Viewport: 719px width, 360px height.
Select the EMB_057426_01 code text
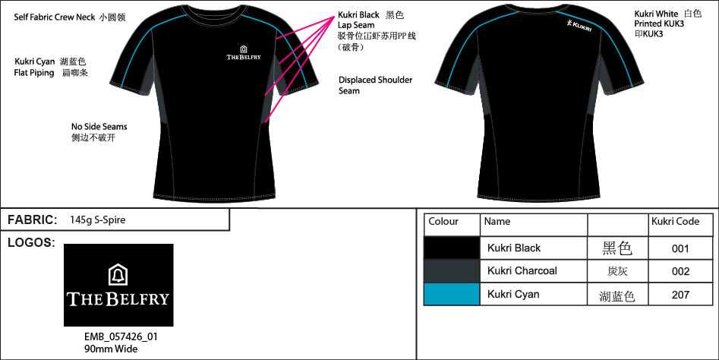[x=121, y=336]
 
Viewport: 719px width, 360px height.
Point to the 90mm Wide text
[x=111, y=349]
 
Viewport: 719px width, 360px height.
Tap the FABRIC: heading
[x=33, y=220]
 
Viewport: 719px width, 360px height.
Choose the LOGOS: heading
[x=30, y=243]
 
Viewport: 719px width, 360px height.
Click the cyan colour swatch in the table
[x=452, y=294]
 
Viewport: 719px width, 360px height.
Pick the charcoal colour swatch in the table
[x=452, y=271]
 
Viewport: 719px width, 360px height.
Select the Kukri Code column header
[x=674, y=222]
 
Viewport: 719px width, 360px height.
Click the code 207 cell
[x=680, y=295]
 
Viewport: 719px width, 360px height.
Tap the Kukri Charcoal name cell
[x=522, y=271]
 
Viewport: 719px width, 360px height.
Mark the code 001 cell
[x=680, y=248]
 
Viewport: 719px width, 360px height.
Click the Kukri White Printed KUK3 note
[x=667, y=24]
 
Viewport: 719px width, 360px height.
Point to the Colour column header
[x=443, y=222]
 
